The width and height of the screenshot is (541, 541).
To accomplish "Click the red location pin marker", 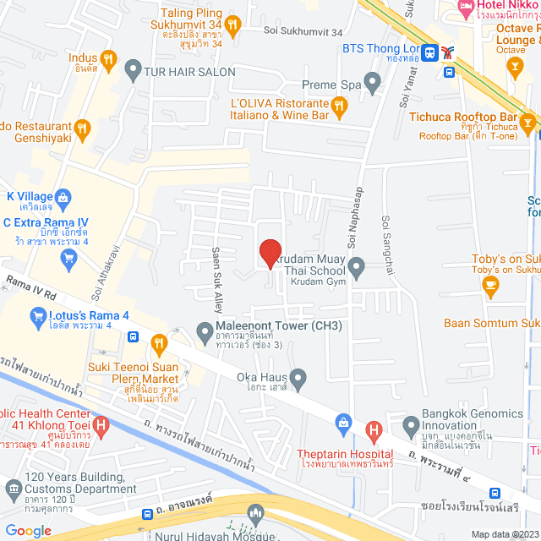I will tap(270, 253).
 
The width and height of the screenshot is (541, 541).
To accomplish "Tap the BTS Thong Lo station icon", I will tap(431, 52).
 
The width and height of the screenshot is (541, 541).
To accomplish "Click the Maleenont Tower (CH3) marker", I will tap(205, 331).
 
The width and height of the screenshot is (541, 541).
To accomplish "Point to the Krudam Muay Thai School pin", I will tap(357, 270).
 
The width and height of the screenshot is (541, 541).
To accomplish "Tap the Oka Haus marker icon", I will tap(298, 376).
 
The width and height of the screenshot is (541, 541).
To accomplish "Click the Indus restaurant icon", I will tap(108, 58).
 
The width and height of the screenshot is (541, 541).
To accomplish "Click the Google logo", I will tap(28, 530).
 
